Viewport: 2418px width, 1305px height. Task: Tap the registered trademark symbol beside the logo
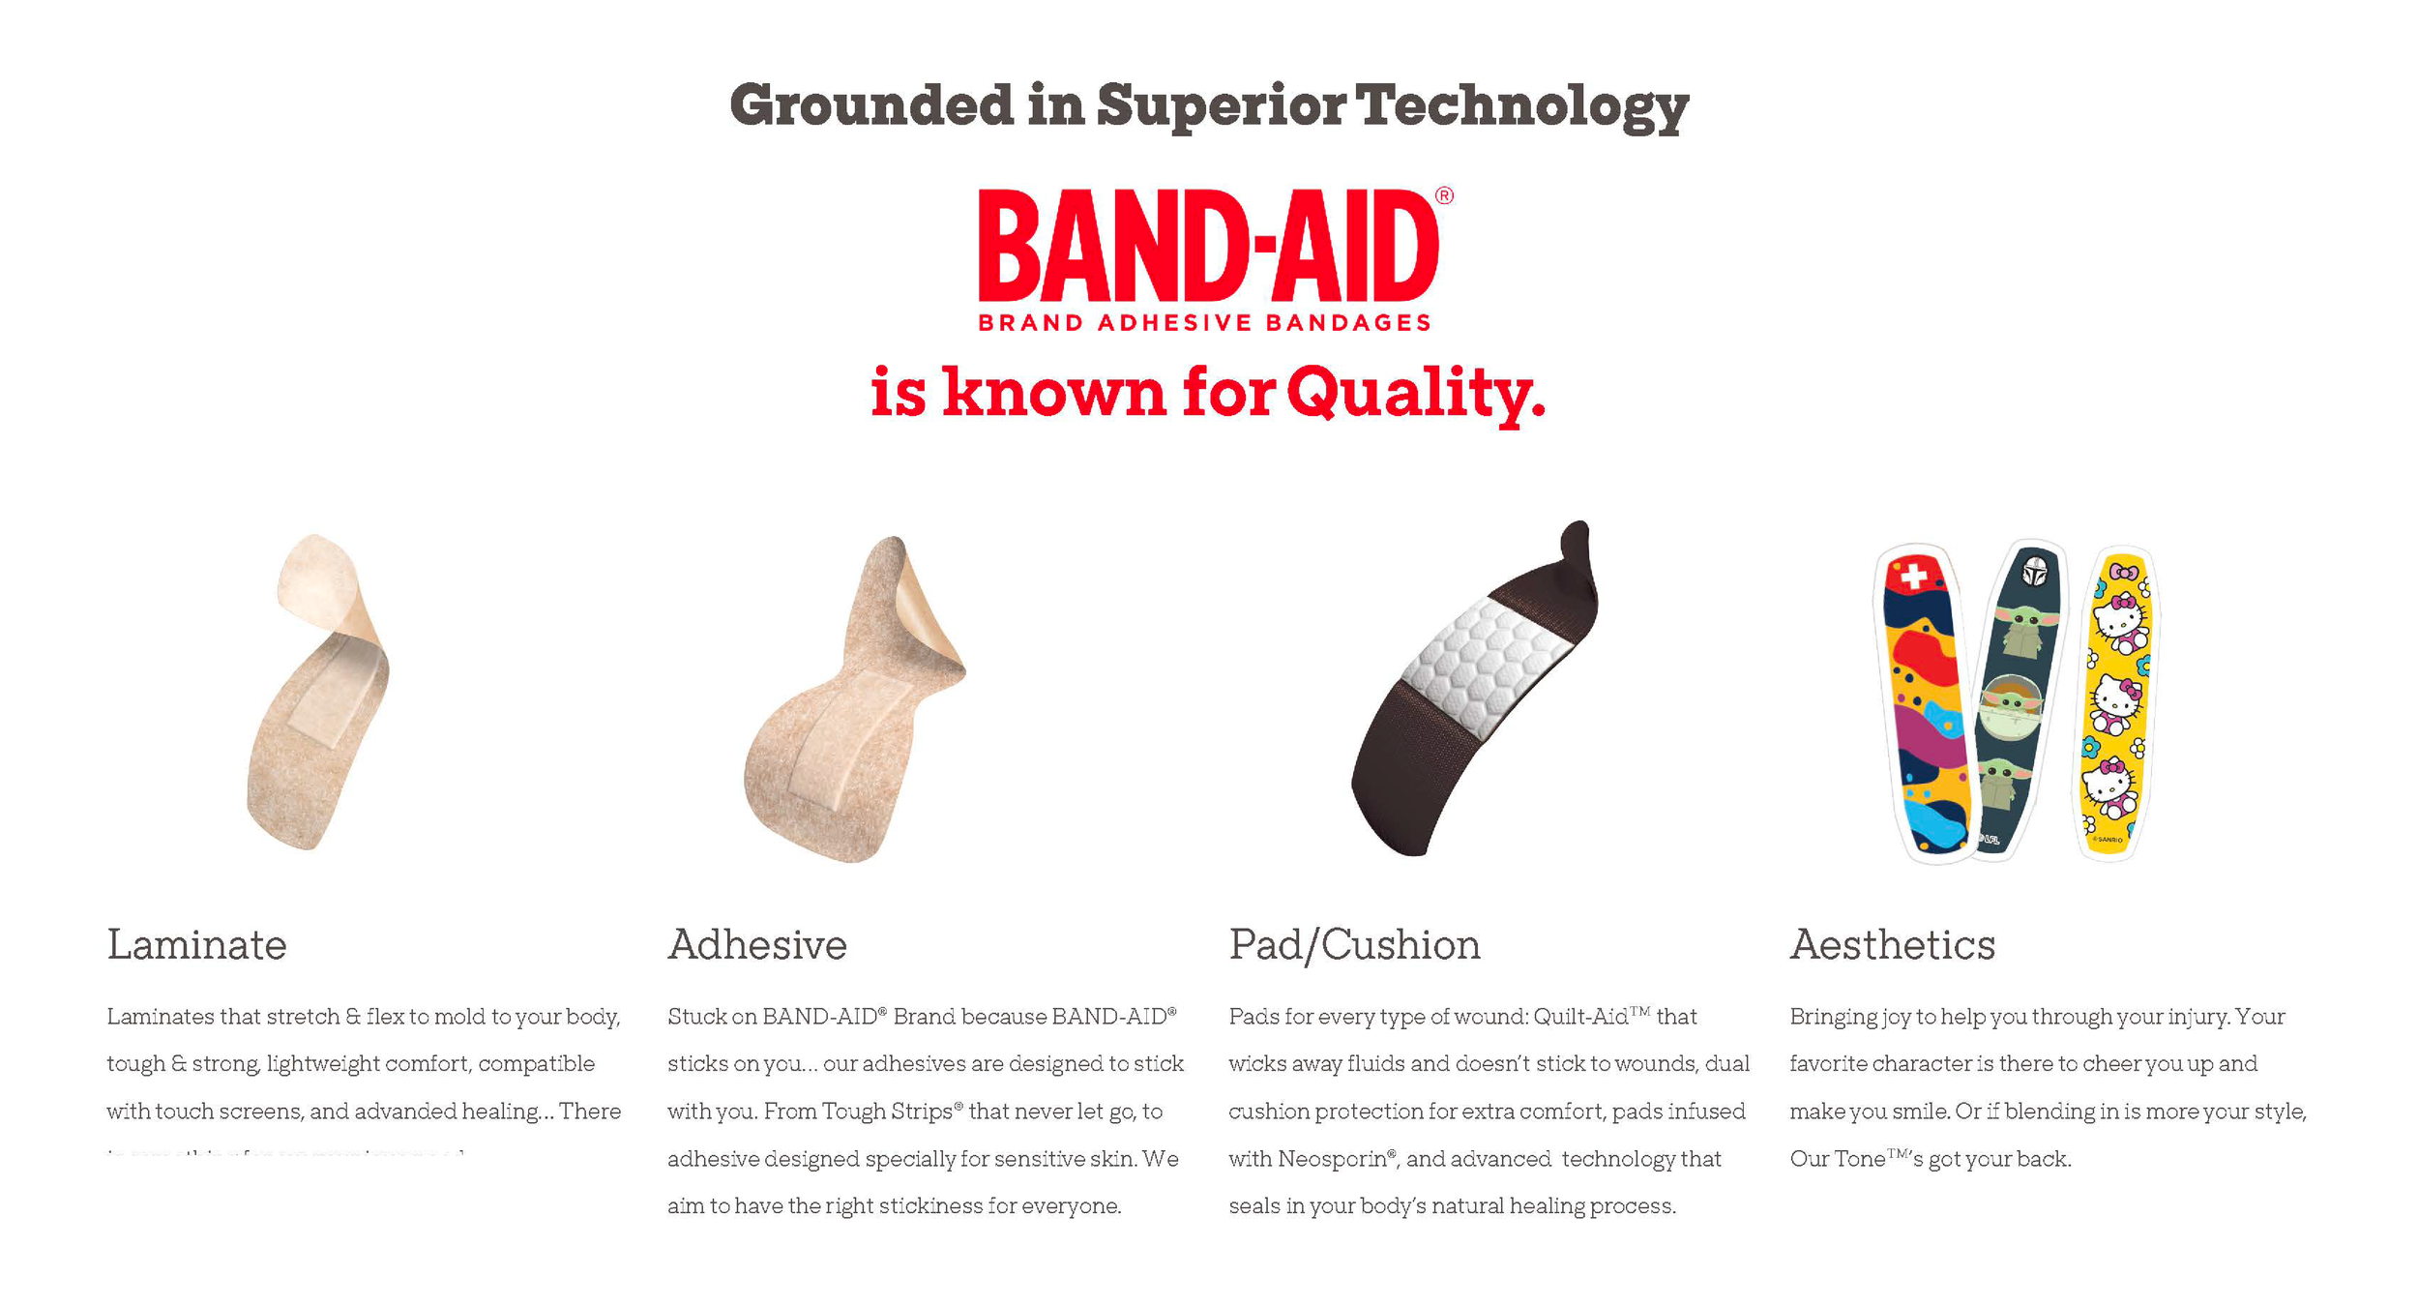point(1443,195)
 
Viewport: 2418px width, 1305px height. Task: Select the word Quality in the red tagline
point(1415,393)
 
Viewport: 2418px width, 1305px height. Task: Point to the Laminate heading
point(196,945)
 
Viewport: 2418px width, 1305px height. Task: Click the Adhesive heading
point(756,945)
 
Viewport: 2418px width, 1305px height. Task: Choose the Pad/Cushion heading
point(1354,945)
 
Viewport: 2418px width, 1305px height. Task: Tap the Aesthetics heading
point(1892,945)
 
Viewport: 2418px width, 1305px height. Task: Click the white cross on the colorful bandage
point(1913,576)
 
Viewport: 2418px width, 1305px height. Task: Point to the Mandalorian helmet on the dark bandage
point(2034,571)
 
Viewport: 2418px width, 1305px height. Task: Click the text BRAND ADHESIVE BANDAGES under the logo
point(1204,323)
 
